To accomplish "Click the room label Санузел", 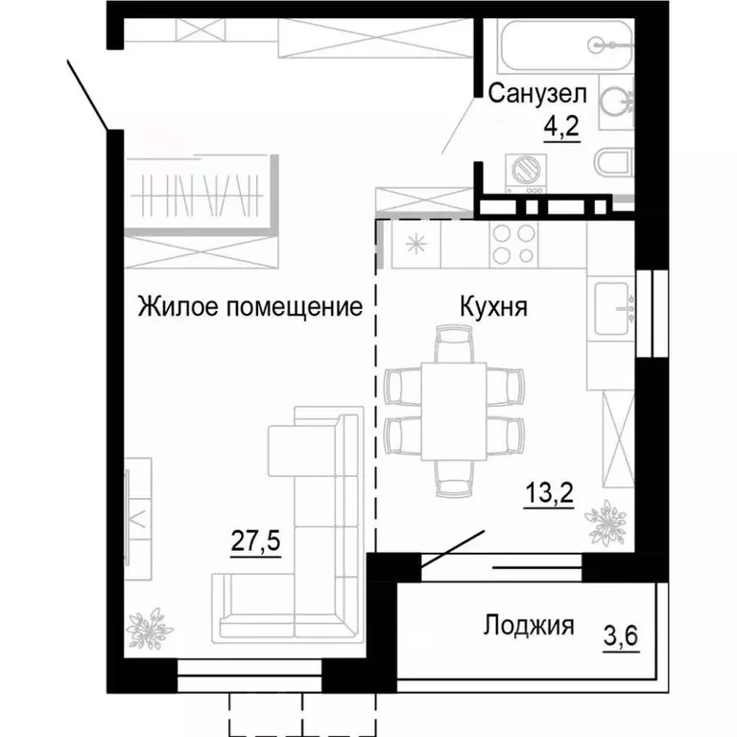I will (x=536, y=93).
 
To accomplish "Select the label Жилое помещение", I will (x=250, y=307).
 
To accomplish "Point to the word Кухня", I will (x=491, y=307).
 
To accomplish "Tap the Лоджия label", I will (x=528, y=627).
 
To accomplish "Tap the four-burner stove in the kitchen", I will (x=514, y=244).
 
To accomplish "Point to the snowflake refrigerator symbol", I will (x=416, y=243).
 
